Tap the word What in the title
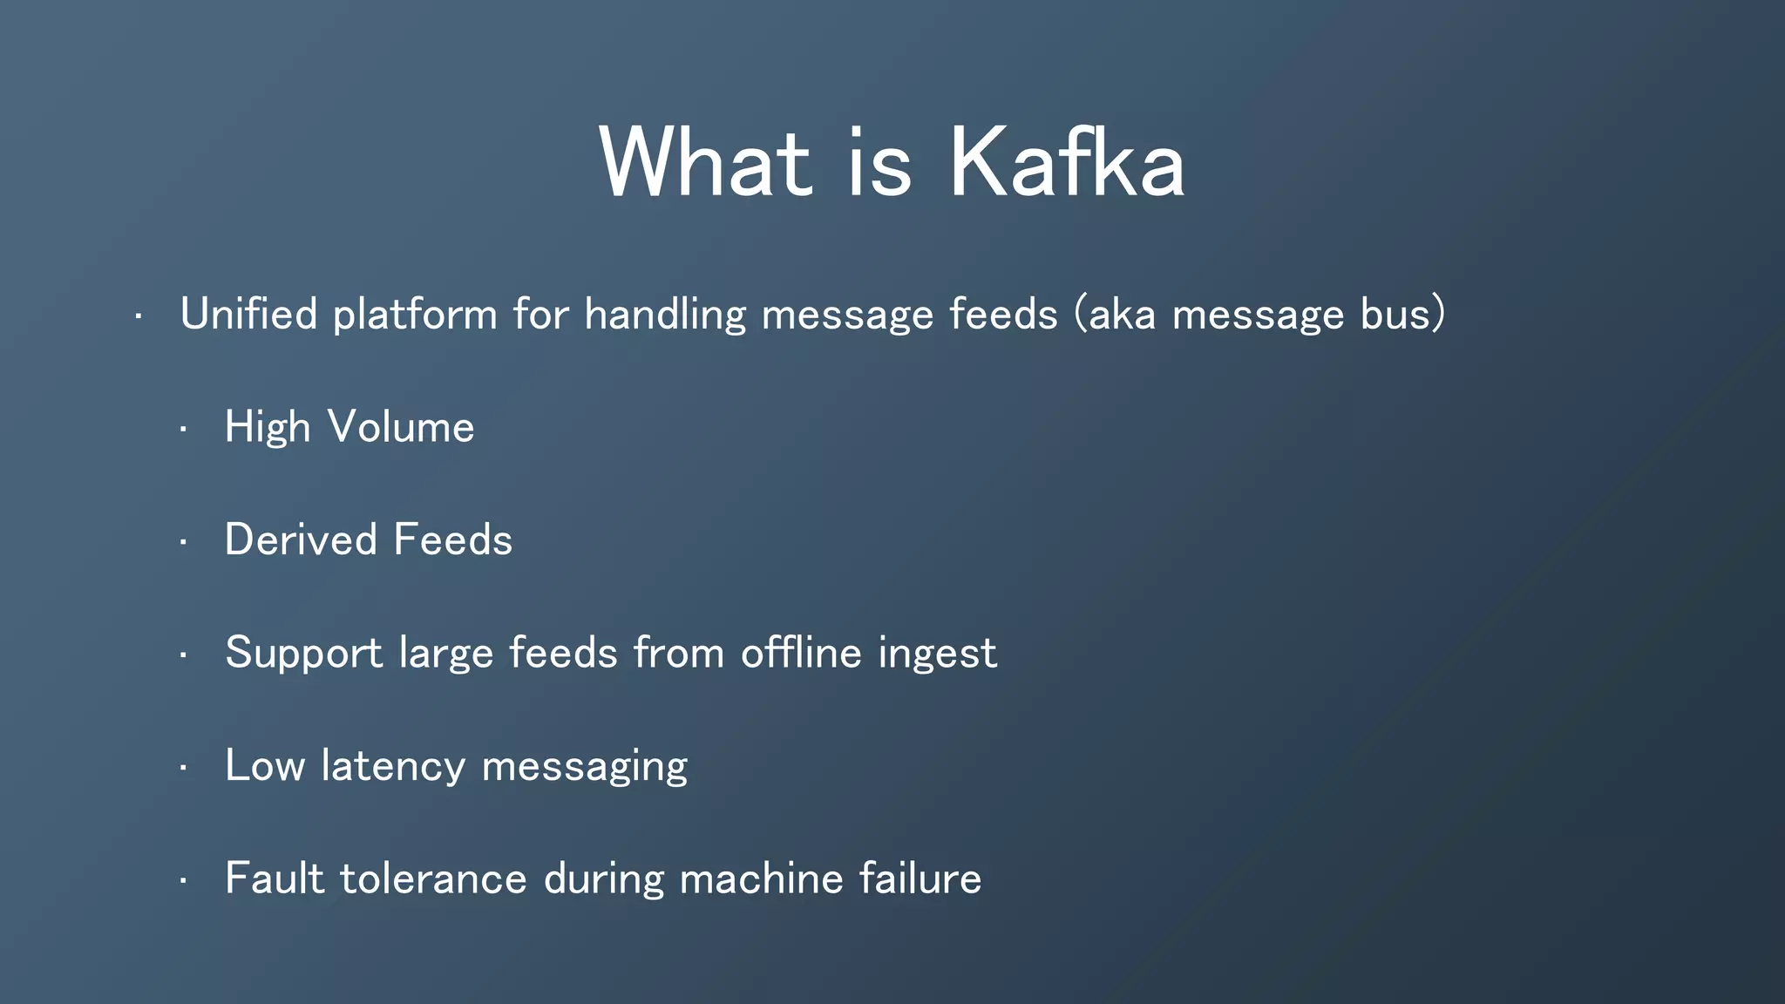coord(705,163)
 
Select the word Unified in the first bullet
coord(248,314)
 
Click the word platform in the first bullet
coord(415,315)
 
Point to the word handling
coord(665,315)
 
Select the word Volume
coord(401,427)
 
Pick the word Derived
coord(300,539)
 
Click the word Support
coord(303,654)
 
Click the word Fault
coord(275,878)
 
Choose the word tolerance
coord(433,878)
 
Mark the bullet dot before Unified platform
coord(138,316)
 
